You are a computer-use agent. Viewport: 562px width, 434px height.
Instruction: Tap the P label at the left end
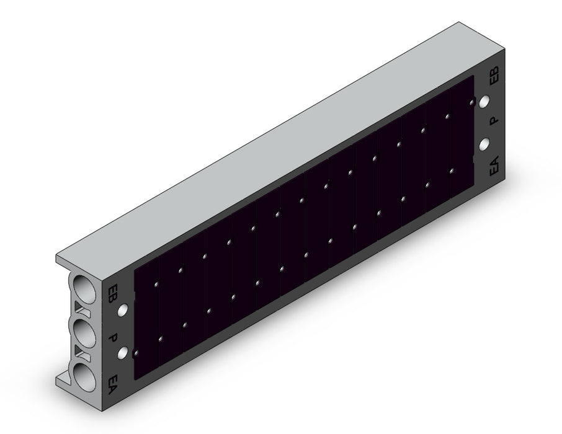[114, 338]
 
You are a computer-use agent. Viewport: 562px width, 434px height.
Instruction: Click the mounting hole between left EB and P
[123, 309]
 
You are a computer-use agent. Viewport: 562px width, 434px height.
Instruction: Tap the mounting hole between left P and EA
[123, 353]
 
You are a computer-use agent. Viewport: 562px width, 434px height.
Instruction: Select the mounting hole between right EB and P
[484, 102]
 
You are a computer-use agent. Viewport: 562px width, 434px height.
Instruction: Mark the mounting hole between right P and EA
[484, 144]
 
